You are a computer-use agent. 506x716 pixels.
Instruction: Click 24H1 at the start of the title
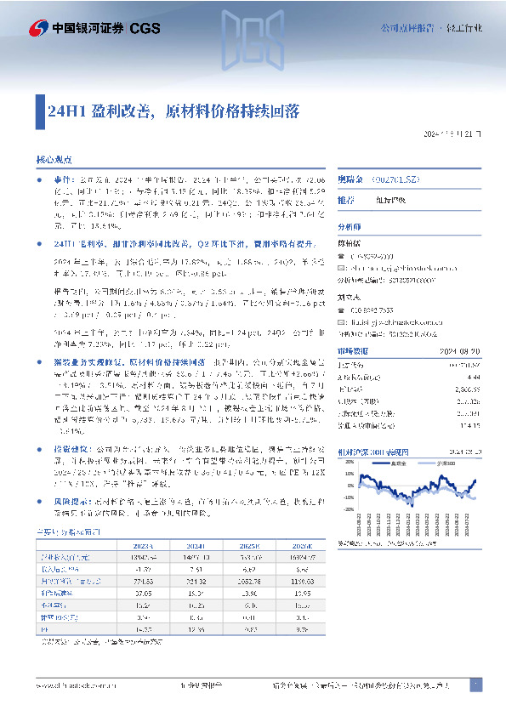[60, 111]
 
